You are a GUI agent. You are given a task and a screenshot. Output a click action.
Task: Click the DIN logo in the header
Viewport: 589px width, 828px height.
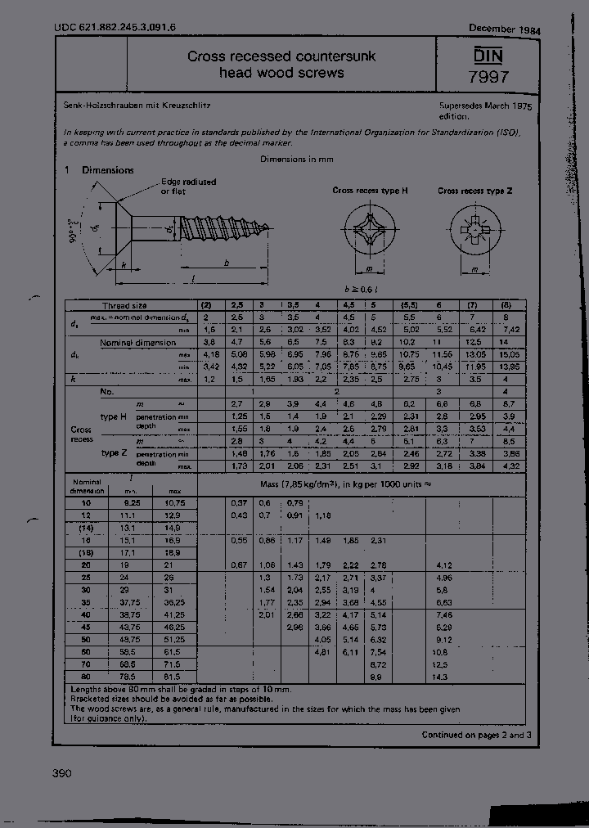[x=490, y=56]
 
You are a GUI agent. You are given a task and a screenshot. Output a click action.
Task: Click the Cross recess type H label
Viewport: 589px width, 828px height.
[x=370, y=190]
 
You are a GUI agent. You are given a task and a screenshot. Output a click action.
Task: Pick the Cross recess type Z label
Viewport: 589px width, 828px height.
[x=475, y=190]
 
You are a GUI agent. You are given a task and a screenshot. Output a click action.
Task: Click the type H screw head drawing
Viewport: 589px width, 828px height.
[x=370, y=230]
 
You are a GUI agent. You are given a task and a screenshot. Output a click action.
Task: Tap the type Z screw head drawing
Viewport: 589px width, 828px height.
[x=474, y=230]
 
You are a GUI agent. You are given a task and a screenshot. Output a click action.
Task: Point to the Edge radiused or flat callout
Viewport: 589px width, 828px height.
[x=188, y=186]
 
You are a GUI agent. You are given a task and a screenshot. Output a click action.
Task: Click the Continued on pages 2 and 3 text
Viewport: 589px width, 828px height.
[x=476, y=735]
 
